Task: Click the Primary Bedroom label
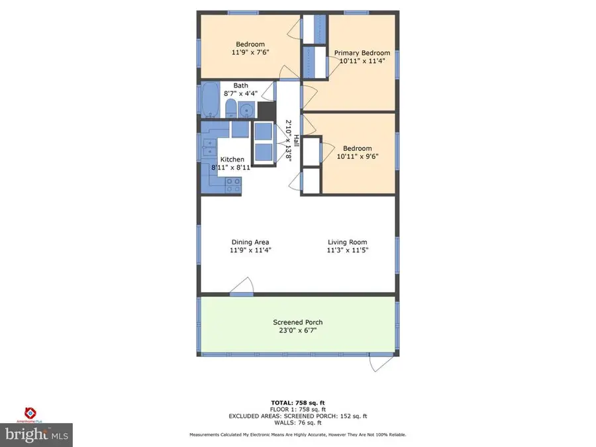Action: coord(362,53)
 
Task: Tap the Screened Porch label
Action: coord(298,323)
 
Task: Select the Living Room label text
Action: coord(346,242)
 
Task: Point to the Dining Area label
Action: coord(250,242)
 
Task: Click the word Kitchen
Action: coord(232,160)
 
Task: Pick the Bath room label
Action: coord(240,85)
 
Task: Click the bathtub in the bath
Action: coord(211,101)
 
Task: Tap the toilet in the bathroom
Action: coord(230,108)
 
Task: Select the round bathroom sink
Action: coord(246,110)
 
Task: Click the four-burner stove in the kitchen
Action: coord(233,185)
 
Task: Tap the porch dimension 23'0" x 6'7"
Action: coord(298,330)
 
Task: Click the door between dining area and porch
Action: coord(241,286)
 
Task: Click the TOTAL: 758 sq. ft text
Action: coord(298,403)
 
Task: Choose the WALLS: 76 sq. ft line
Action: coord(298,422)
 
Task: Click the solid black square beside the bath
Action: coord(266,110)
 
